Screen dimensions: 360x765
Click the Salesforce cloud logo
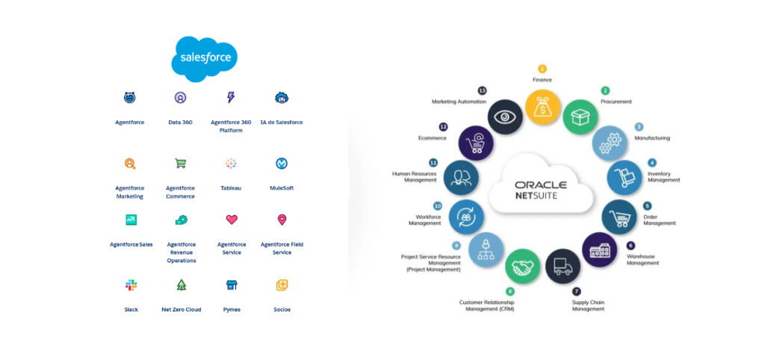coord(204,58)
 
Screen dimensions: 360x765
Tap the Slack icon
coord(131,285)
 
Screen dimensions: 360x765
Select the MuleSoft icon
coord(282,163)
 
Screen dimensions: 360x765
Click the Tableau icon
coord(231,163)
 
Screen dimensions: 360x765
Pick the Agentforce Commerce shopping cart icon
coord(180,163)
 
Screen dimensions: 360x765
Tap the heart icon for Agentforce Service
coord(231,220)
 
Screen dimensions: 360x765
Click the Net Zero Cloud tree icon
coord(181,285)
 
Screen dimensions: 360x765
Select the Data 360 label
coord(180,122)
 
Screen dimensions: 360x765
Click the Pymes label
coord(232,309)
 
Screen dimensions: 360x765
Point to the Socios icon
coord(282,285)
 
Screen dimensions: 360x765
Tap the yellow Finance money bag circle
coord(542,107)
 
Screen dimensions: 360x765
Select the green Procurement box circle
coord(580,117)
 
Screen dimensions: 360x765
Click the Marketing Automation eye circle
coord(506,117)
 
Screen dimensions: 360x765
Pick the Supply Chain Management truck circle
coord(563,266)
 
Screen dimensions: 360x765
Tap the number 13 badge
coord(482,90)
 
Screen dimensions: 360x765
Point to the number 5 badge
coord(647,205)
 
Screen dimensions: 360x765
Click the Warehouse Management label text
coord(642,259)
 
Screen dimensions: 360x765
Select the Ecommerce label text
coord(433,138)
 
